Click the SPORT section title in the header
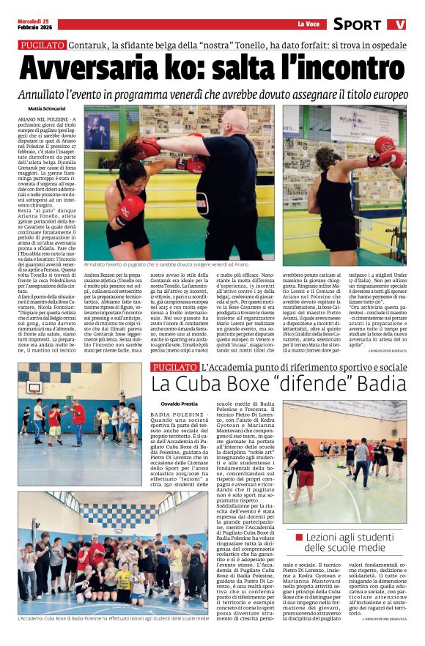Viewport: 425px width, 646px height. [x=357, y=24]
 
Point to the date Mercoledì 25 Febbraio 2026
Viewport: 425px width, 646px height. [x=34, y=24]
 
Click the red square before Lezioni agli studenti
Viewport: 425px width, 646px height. [x=300, y=538]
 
